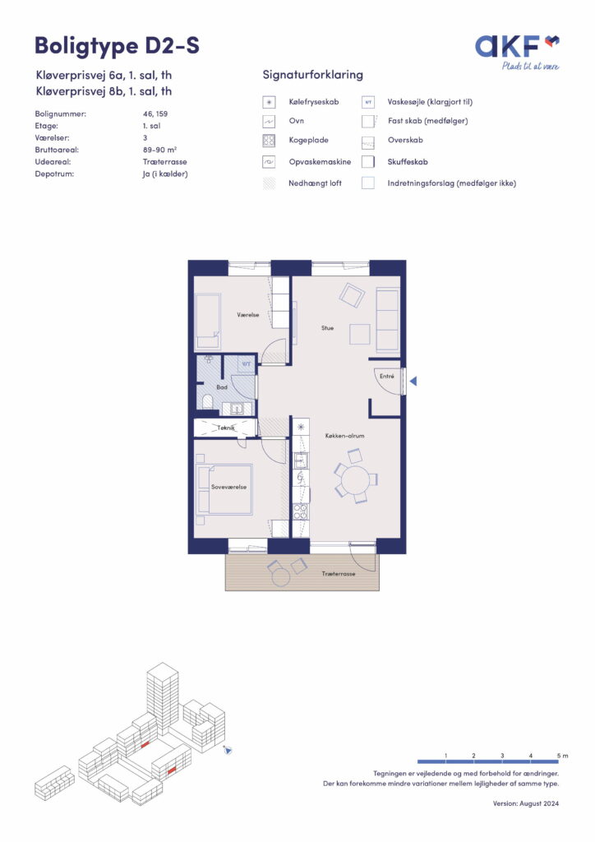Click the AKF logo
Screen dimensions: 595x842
tap(517, 52)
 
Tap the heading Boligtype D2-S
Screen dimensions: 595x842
tap(117, 46)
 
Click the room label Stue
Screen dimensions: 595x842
tap(327, 327)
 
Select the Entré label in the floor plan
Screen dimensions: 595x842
tap(387, 376)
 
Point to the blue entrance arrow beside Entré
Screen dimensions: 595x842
tap(413, 381)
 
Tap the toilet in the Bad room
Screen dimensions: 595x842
tap(206, 400)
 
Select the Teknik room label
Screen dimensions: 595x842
tap(225, 428)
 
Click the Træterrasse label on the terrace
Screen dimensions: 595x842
tap(339, 573)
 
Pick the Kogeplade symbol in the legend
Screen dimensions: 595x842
tap(269, 141)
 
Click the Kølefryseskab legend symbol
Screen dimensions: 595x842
tap(269, 102)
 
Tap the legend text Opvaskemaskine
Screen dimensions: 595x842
tap(320, 162)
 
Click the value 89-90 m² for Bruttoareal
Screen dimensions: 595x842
tap(160, 150)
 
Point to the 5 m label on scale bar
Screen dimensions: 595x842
tap(562, 756)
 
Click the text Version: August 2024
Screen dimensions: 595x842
tap(526, 803)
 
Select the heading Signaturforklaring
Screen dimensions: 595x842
tap(313, 75)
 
